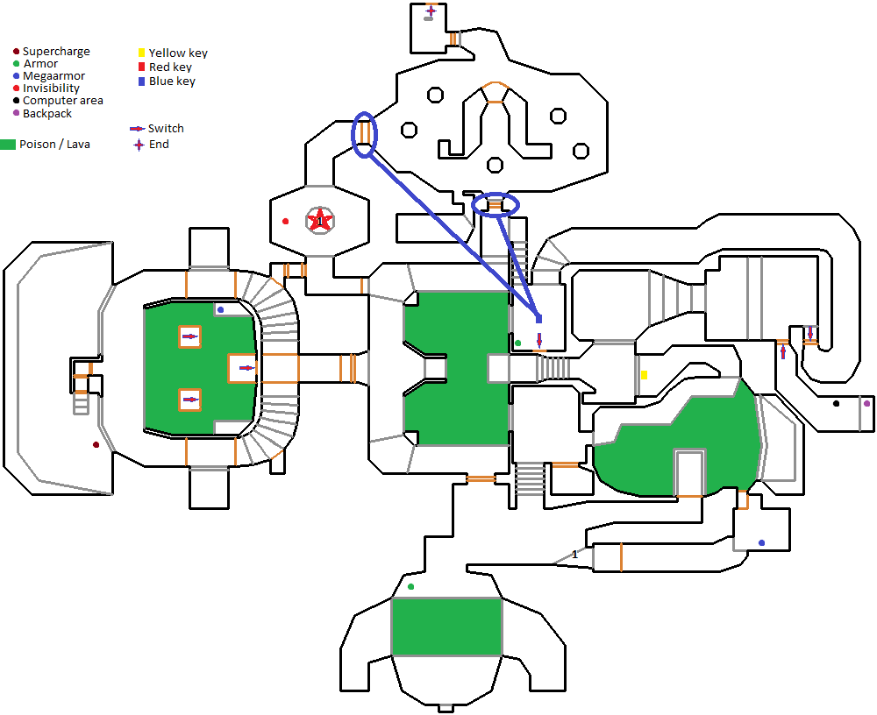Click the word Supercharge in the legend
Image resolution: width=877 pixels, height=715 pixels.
pos(56,52)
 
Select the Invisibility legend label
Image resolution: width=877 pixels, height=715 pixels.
pos(51,88)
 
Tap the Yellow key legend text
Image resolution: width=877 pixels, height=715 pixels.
pos(178,53)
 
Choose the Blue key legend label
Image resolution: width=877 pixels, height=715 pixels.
pos(172,81)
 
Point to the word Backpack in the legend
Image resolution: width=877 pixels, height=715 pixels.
pos(47,114)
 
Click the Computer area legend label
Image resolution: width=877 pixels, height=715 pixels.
pos(63,101)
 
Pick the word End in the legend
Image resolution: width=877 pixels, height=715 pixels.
pos(159,145)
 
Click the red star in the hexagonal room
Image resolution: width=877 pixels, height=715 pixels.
pos(321,220)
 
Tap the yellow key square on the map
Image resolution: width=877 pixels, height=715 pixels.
pos(644,375)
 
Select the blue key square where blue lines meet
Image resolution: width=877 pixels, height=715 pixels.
pos(538,319)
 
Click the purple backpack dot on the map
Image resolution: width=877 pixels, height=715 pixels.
pos(866,403)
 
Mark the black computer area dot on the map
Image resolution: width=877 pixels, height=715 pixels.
pos(836,404)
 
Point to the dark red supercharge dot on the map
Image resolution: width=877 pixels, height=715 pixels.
pos(96,445)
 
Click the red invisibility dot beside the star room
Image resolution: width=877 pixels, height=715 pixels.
pos(285,222)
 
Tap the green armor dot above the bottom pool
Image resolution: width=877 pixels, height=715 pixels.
pos(410,586)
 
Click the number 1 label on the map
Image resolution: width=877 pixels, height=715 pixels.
pos(575,555)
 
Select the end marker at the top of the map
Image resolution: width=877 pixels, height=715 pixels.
pos(431,11)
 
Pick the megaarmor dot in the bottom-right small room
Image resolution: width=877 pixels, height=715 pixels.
pos(761,543)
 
